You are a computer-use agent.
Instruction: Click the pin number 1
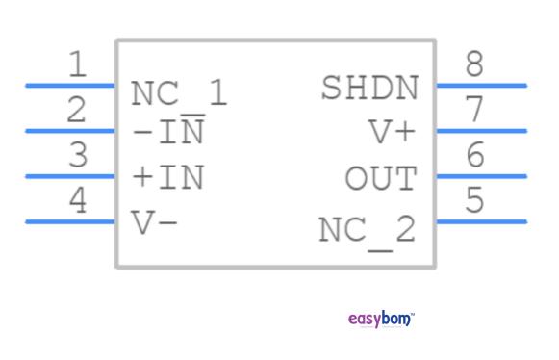pos(78,65)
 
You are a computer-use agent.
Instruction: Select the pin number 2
pos(78,111)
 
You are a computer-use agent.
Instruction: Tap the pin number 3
pos(78,155)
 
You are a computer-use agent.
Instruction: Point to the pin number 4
pos(78,200)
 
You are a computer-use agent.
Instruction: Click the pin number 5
pos(473,200)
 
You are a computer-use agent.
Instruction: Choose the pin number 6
pos(473,155)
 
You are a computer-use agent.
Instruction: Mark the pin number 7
pos(473,111)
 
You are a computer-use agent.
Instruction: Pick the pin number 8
pos(473,65)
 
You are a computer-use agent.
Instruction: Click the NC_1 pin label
pos(179,94)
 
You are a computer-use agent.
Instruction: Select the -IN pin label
pos(167,131)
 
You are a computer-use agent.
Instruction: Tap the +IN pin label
pos(167,177)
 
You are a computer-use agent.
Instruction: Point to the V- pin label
pos(154,222)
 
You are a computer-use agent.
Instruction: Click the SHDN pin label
pos(369,89)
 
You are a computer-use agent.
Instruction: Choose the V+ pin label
pos(393,132)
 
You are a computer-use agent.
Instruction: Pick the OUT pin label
pos(381,178)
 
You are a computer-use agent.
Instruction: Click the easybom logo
pos(380,319)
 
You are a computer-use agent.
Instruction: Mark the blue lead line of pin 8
pos(481,86)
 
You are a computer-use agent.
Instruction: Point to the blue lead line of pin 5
pos(481,221)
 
